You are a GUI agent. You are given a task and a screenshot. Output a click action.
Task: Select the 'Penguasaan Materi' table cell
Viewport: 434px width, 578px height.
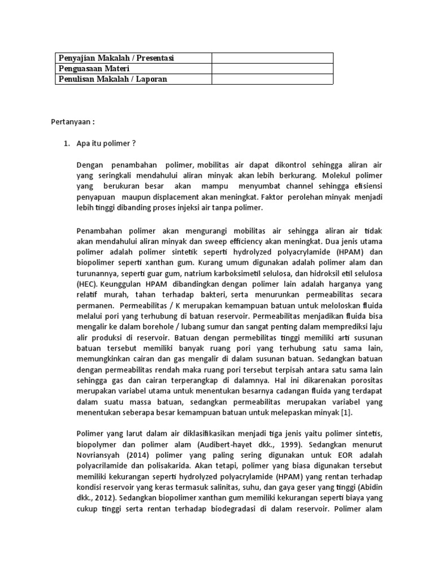pos(94,69)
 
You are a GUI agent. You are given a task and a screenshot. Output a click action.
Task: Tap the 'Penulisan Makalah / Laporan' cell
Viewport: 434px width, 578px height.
pos(113,79)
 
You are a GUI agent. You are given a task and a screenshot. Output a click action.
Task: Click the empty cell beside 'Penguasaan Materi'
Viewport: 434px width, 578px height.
pos(272,69)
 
